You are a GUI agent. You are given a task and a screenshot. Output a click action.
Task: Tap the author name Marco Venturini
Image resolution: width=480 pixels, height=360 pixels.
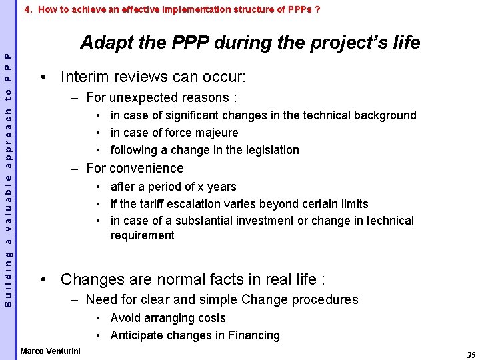50,351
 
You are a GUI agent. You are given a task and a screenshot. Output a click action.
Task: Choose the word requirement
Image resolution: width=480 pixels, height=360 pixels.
142,235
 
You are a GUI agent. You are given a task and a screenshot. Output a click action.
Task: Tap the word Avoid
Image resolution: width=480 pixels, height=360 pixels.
125,318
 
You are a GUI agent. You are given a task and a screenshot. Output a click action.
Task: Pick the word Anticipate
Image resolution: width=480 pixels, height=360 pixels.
138,335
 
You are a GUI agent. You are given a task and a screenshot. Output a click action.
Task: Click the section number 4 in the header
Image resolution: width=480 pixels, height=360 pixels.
27,10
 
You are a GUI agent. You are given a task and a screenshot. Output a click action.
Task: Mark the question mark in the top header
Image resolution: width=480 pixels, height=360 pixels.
317,10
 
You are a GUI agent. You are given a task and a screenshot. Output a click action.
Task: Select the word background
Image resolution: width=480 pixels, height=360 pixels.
383,115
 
